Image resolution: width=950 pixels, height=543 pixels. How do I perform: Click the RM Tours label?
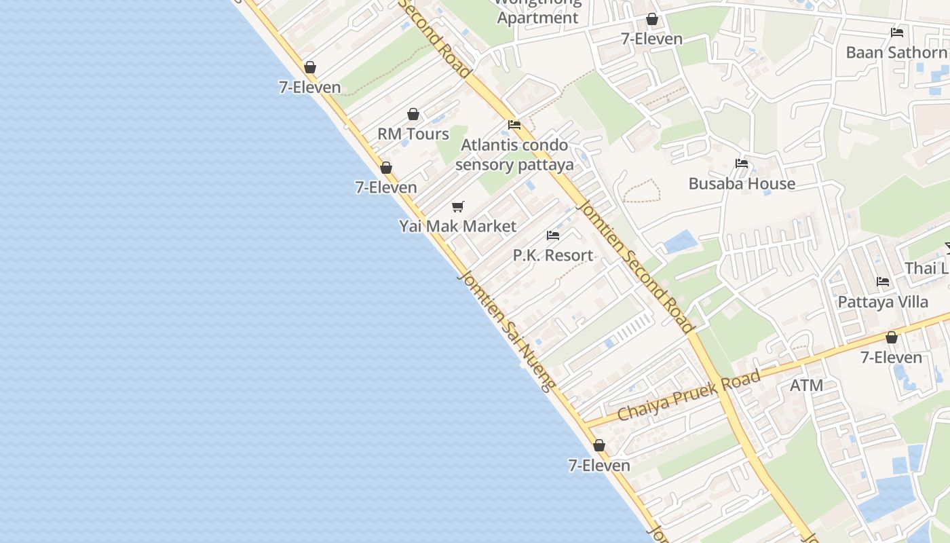pyautogui.click(x=413, y=134)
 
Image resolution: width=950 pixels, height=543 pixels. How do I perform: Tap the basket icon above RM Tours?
pyautogui.click(x=413, y=114)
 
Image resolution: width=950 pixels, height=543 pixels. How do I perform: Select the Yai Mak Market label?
pyautogui.click(x=457, y=226)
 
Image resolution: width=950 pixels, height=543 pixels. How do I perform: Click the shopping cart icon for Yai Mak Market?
pyautogui.click(x=458, y=206)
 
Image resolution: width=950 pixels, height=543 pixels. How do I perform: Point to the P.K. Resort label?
pyautogui.click(x=553, y=255)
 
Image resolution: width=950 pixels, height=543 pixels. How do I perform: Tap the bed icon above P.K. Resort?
pyautogui.click(x=553, y=236)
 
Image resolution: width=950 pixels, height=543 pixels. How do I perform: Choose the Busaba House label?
pyautogui.click(x=742, y=183)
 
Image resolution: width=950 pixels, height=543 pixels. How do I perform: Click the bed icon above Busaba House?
pyautogui.click(x=742, y=164)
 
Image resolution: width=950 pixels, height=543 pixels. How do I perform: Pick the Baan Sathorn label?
pyautogui.click(x=896, y=52)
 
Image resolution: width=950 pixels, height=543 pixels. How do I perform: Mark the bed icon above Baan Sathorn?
pyautogui.click(x=897, y=33)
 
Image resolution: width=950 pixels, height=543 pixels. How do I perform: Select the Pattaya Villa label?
pyautogui.click(x=883, y=301)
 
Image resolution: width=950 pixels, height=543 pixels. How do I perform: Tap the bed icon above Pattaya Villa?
pyautogui.click(x=883, y=282)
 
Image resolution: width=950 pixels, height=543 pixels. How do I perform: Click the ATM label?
pyautogui.click(x=807, y=386)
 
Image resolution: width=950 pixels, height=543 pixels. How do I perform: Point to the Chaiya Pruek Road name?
pyautogui.click(x=689, y=396)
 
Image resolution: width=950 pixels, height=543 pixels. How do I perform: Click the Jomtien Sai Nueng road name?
pyautogui.click(x=506, y=331)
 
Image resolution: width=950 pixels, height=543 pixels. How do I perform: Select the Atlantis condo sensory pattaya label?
pyautogui.click(x=514, y=155)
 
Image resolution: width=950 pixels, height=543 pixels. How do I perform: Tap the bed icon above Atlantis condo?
pyautogui.click(x=514, y=125)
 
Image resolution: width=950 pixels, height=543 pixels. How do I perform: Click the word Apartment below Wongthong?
pyautogui.click(x=538, y=18)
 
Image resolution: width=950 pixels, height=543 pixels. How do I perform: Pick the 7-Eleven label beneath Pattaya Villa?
pyautogui.click(x=891, y=357)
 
